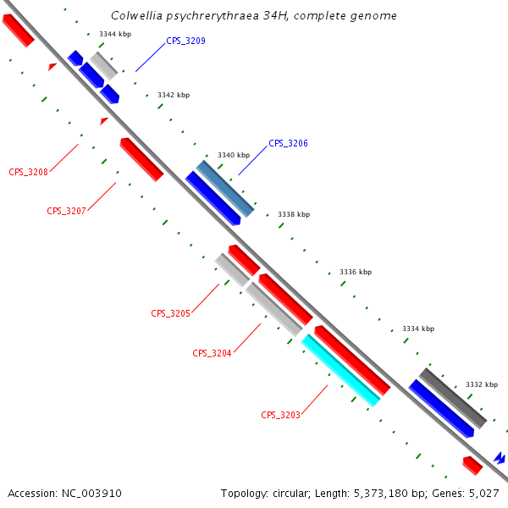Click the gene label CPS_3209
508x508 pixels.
point(185,41)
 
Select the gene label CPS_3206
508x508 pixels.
point(288,144)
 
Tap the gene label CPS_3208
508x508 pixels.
point(28,172)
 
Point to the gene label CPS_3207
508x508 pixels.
point(66,211)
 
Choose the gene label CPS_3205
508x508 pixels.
point(170,313)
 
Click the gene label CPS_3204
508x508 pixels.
point(212,353)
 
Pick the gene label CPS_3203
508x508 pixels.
point(280,415)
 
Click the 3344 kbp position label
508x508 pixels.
point(115,34)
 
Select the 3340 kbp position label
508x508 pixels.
point(234,155)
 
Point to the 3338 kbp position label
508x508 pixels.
point(294,215)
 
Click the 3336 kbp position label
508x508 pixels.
point(356,272)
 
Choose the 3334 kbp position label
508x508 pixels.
point(417,329)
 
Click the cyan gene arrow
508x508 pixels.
point(340,371)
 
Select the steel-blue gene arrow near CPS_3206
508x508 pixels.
point(225,188)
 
